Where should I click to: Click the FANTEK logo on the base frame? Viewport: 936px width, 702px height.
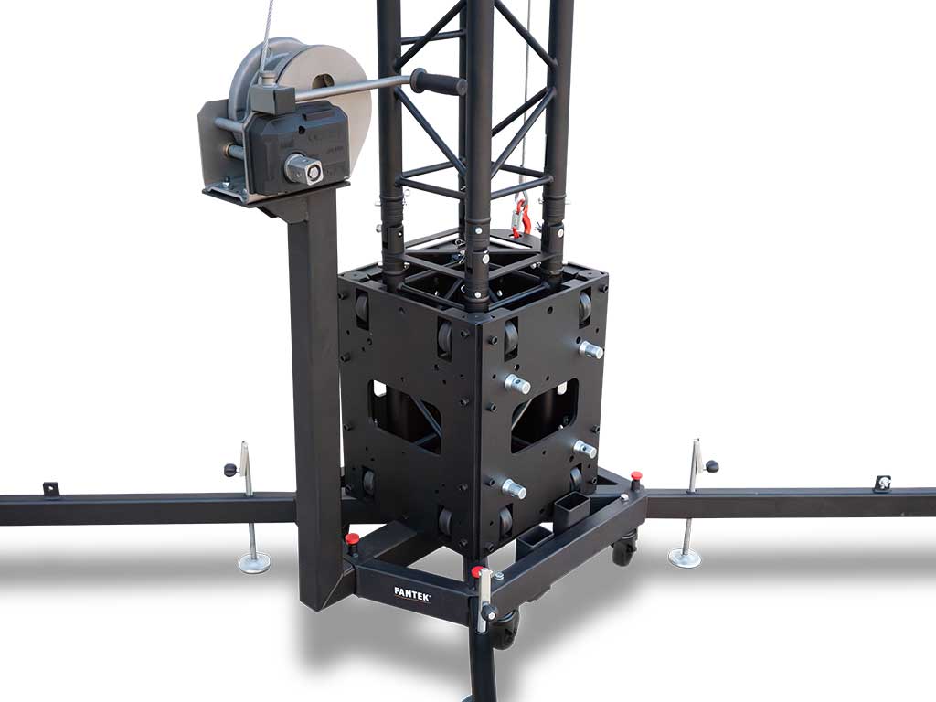[x=412, y=591]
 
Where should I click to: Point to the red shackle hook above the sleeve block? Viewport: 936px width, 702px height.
[x=521, y=217]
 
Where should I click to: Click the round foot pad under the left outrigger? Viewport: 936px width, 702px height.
[x=255, y=562]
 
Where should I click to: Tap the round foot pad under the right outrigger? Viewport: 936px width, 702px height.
[x=684, y=559]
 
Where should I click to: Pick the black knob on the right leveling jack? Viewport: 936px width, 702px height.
[x=711, y=466]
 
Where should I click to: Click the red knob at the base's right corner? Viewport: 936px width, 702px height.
[x=636, y=475]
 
